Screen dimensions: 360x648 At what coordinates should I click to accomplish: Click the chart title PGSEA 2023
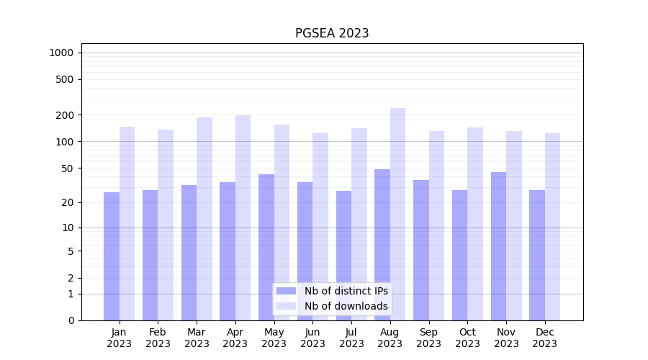(x=332, y=33)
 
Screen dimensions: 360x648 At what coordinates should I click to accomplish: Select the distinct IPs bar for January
(x=112, y=256)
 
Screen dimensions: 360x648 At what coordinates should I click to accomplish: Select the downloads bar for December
(x=552, y=227)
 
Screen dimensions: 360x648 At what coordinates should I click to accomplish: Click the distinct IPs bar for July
(x=343, y=256)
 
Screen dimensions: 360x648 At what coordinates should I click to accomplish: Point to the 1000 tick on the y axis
(x=61, y=53)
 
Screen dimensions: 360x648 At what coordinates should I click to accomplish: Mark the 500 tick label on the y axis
(x=65, y=79)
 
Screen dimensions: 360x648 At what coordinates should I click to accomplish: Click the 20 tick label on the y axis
(x=68, y=202)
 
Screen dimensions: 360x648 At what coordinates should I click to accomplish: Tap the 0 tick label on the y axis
(x=71, y=320)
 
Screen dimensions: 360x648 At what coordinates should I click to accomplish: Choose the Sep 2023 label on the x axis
(x=428, y=338)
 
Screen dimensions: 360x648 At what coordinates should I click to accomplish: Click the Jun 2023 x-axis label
(x=312, y=338)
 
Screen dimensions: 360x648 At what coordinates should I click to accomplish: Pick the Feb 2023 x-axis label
(x=158, y=338)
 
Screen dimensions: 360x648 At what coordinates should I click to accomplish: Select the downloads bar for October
(x=475, y=224)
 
